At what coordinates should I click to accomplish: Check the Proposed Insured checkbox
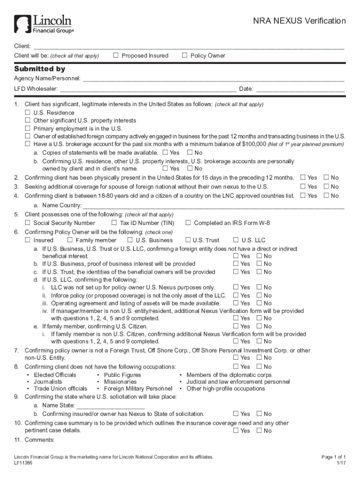[116, 56]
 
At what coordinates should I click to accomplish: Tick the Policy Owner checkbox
[185, 56]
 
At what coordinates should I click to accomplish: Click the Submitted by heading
[39, 69]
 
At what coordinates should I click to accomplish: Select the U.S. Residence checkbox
[28, 113]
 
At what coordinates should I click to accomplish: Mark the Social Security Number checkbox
[28, 223]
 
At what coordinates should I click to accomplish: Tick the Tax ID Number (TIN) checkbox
[114, 223]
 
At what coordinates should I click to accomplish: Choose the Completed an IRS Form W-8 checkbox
[188, 223]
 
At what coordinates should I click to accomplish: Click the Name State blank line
[107, 406]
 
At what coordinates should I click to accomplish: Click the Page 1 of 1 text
[333, 457]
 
